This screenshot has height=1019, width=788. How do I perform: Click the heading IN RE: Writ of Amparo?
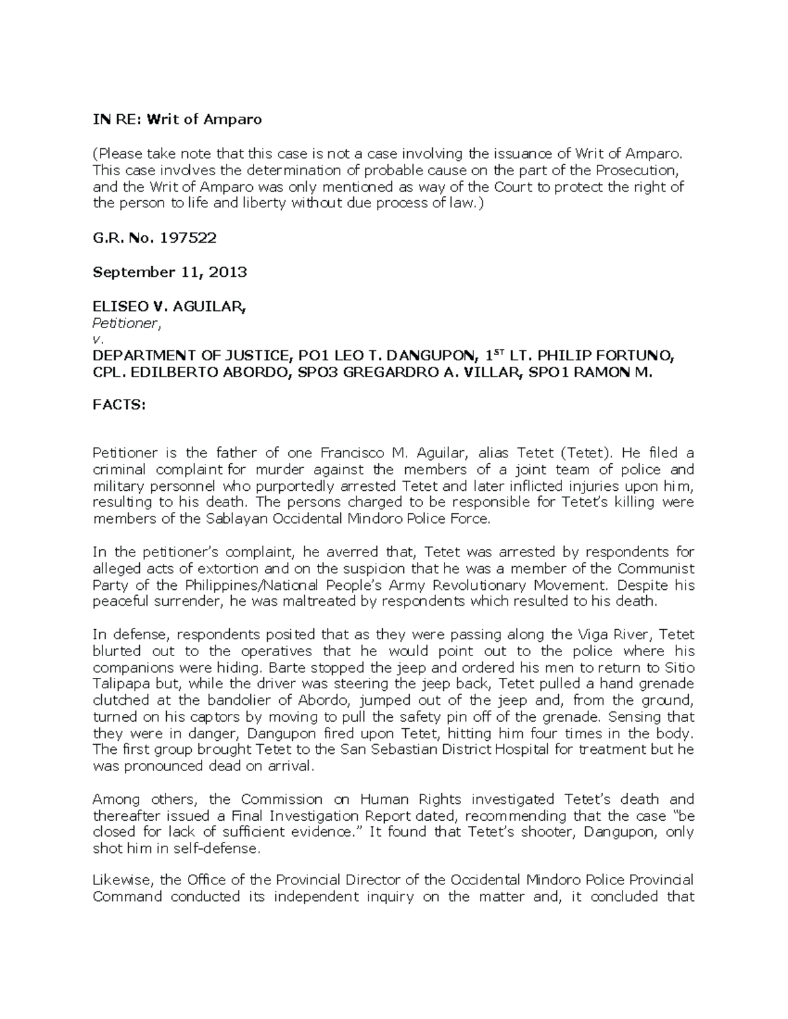[177, 119]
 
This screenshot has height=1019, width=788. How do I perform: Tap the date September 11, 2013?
[169, 272]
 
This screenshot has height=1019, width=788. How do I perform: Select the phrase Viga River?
[615, 635]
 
